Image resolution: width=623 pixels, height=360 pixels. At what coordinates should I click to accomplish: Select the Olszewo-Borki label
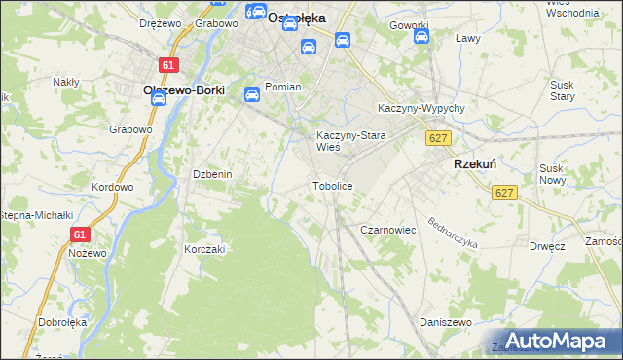coord(184,90)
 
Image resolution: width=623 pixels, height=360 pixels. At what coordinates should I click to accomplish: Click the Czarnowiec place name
coord(388,230)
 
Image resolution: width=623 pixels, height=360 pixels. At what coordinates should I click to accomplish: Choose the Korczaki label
coord(204,249)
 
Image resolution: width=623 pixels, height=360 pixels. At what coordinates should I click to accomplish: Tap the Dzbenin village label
coord(211,174)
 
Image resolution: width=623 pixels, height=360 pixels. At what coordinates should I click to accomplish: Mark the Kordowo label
coord(111,187)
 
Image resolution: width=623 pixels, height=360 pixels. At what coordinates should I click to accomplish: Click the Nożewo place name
coord(88,252)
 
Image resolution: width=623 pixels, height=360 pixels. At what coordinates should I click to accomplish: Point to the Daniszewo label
coord(446,322)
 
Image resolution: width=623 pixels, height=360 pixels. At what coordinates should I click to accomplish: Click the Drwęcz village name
coord(548,247)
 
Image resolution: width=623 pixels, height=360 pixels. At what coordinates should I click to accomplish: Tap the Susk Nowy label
coord(552,174)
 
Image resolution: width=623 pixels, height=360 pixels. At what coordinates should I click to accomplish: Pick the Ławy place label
coord(469,39)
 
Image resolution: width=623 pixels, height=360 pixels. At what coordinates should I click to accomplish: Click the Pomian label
coord(283,87)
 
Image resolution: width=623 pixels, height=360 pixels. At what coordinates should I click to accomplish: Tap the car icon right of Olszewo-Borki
coord(251,94)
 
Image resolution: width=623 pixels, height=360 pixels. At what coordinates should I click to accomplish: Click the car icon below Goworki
coord(421,37)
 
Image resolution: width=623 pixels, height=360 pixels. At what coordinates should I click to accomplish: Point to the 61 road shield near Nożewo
coord(80,234)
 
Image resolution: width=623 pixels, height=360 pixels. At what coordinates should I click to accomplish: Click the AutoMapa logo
coord(558,340)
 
